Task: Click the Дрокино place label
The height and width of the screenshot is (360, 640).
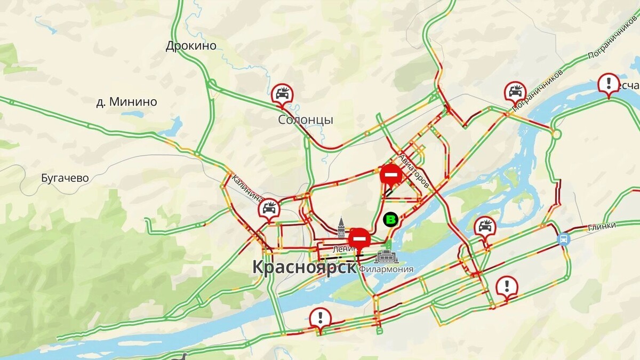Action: click(191, 45)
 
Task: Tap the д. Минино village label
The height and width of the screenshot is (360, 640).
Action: click(127, 101)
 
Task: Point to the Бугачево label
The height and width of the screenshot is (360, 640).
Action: click(65, 178)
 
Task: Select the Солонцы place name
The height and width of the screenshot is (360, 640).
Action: click(306, 119)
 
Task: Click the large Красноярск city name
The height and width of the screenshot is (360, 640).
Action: click(303, 267)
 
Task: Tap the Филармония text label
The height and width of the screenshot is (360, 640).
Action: click(387, 269)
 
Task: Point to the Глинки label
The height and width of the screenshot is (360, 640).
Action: click(602, 226)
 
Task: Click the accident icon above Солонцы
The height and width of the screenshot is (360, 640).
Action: click(282, 94)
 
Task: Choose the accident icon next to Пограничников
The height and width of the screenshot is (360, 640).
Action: click(515, 92)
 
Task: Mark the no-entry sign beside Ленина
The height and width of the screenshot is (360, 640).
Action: click(360, 237)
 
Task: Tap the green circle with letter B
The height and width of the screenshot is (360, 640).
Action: click(391, 219)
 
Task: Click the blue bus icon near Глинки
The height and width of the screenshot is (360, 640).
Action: click(563, 238)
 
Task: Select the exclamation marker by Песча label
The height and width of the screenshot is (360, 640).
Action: click(608, 84)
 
